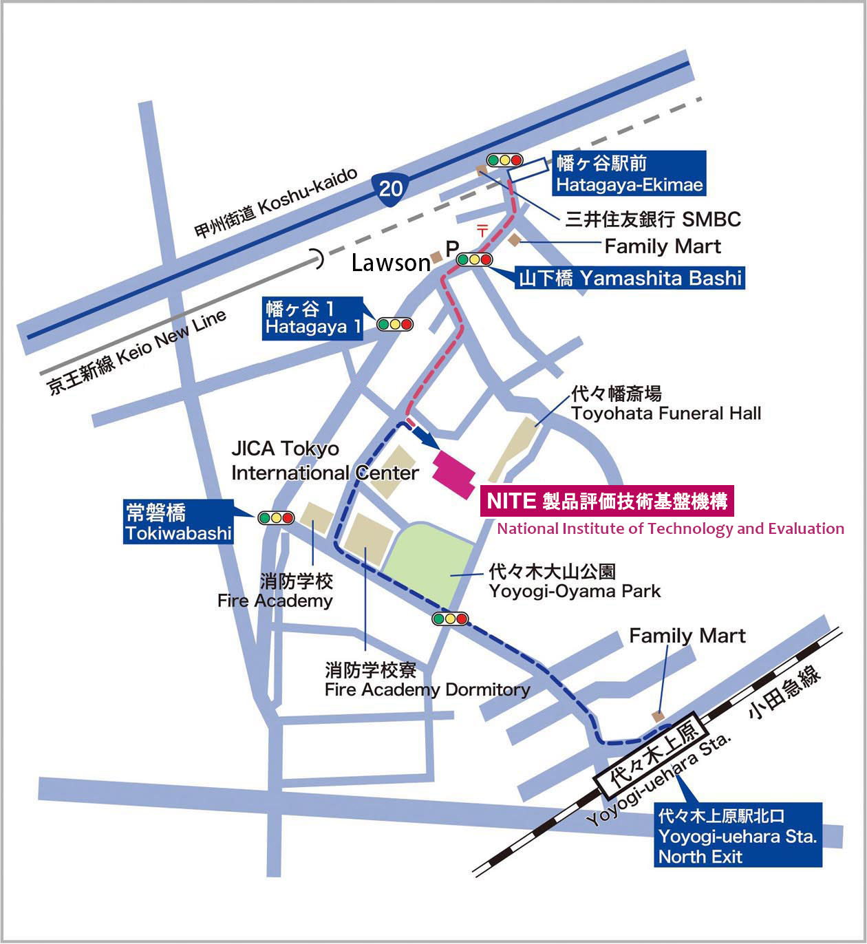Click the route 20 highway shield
pyautogui.click(x=390, y=186)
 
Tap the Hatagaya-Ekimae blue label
pyautogui.click(x=630, y=173)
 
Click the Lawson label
pyautogui.click(x=390, y=263)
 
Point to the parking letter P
pyautogui.click(x=452, y=248)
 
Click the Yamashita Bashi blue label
pyautogui.click(x=630, y=278)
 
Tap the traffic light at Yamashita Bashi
pyautogui.click(x=475, y=259)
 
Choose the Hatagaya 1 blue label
pyautogui.click(x=313, y=318)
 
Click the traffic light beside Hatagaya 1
pyautogui.click(x=394, y=324)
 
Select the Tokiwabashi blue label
pyautogui.click(x=178, y=523)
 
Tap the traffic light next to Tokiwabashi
pyautogui.click(x=276, y=517)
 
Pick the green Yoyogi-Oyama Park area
pyautogui.click(x=430, y=564)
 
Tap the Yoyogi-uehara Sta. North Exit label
pyautogui.click(x=738, y=835)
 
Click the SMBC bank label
pyautogui.click(x=652, y=219)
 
